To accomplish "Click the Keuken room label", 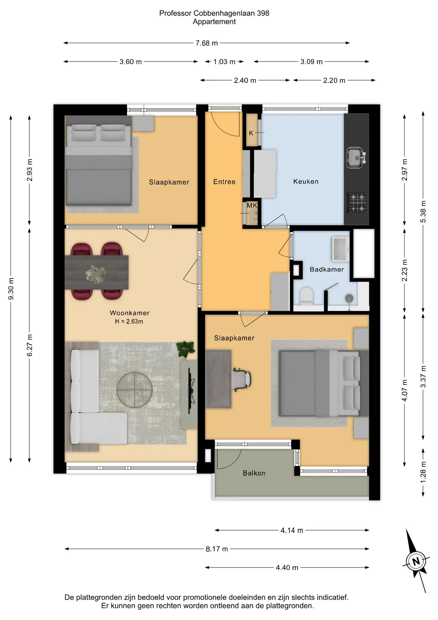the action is click(x=306, y=181).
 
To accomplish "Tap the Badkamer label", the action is click(x=327, y=269).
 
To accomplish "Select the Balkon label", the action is click(x=254, y=473).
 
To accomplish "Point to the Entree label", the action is click(x=224, y=182).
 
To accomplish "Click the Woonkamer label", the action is click(x=130, y=313).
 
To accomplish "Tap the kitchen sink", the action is click(x=356, y=158).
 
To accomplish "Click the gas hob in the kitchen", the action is click(x=357, y=202).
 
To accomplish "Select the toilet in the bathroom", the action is click(x=307, y=296).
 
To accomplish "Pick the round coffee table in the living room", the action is click(x=134, y=390).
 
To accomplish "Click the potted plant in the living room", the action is click(x=186, y=349).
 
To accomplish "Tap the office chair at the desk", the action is click(x=242, y=379).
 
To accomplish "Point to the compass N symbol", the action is click(x=416, y=561).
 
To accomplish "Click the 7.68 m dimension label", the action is click(x=206, y=43).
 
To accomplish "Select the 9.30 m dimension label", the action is click(x=11, y=289).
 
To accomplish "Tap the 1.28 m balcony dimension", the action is click(x=423, y=472).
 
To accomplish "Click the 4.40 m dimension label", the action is click(x=287, y=567).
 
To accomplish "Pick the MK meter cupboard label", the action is click(x=252, y=205).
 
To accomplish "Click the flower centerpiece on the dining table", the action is click(x=95, y=274).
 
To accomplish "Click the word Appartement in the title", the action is click(x=214, y=22).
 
